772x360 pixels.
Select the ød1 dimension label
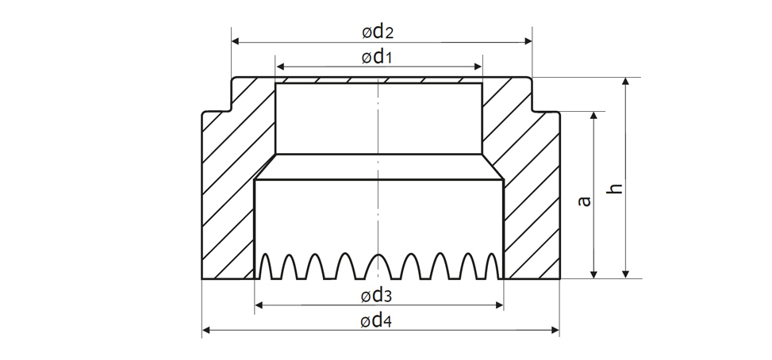(x=378, y=57)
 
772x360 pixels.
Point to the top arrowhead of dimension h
(x=627, y=82)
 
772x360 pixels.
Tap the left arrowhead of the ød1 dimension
(x=280, y=67)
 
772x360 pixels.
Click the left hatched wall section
(x=230, y=190)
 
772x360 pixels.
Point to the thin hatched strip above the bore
(x=378, y=79)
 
